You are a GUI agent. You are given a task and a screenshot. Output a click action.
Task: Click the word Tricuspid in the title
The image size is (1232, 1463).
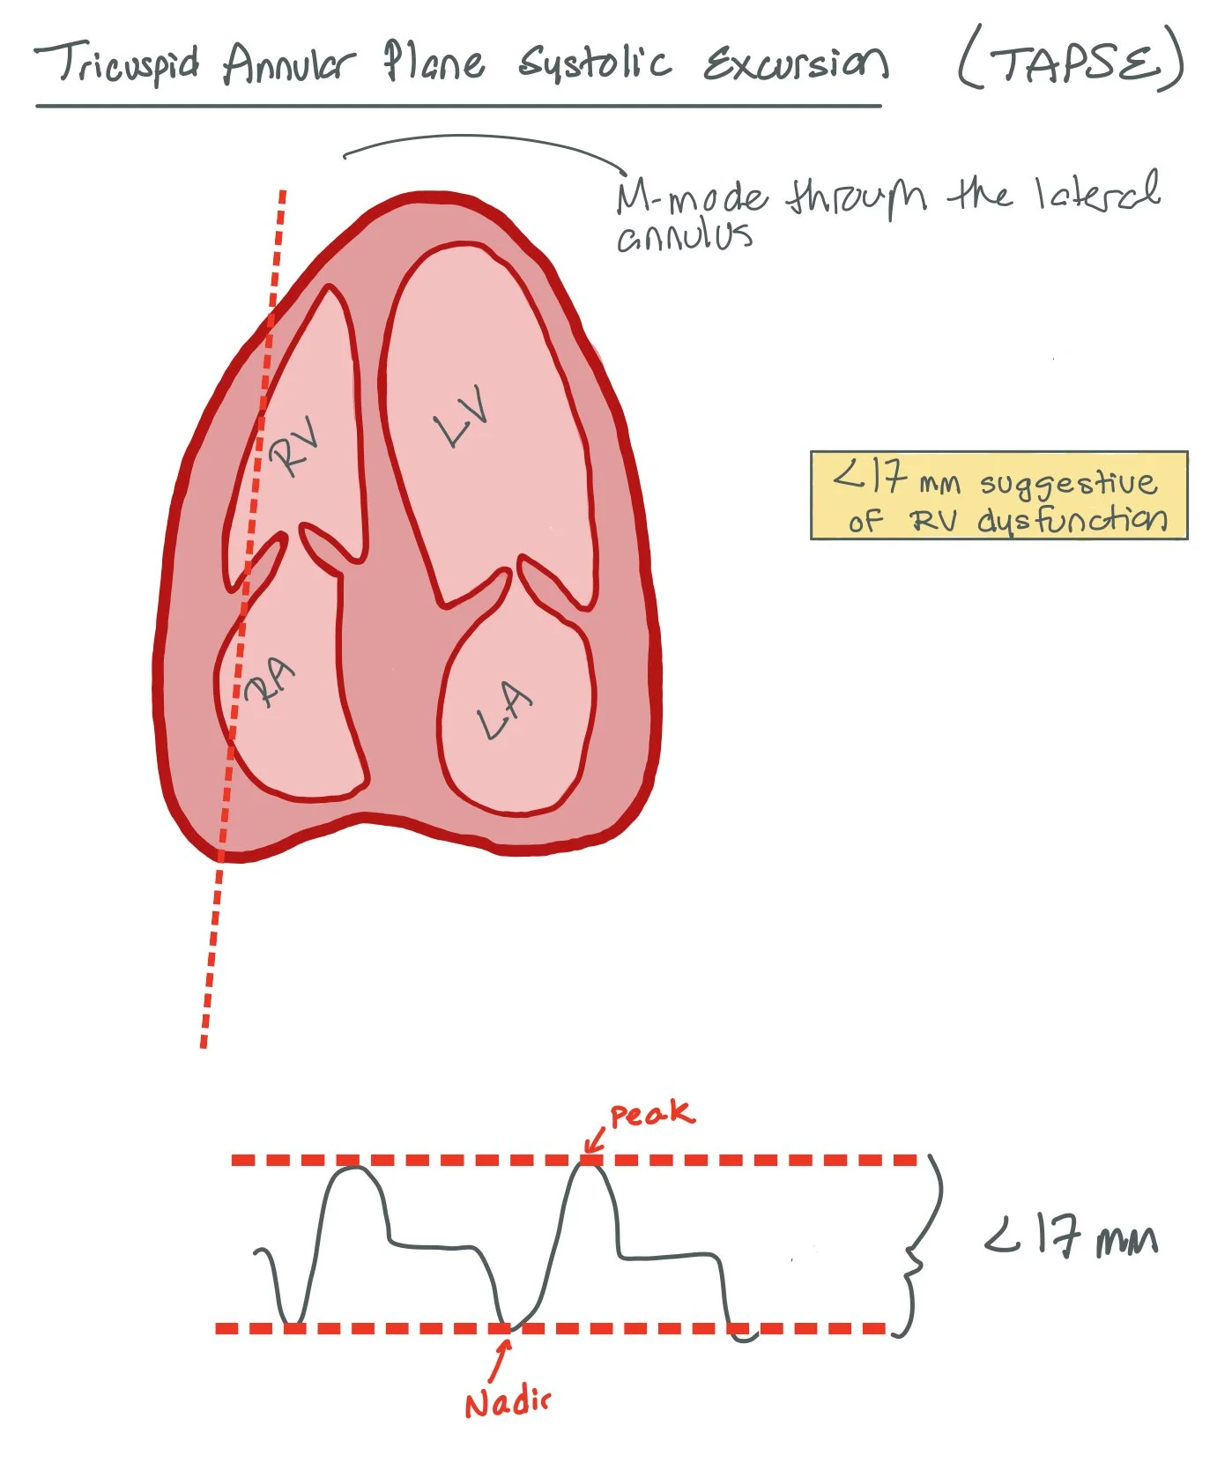click(116, 63)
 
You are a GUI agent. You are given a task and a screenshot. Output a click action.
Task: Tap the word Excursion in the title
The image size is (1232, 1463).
click(795, 63)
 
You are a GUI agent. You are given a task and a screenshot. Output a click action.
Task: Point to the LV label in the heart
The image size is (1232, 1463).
click(462, 416)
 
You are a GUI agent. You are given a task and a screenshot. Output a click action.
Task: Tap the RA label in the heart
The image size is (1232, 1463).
click(270, 683)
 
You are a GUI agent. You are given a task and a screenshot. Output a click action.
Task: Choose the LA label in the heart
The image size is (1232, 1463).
click(505, 710)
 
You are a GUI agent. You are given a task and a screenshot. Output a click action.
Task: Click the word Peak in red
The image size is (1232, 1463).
click(651, 1114)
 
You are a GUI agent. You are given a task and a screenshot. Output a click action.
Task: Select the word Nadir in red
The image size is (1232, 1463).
click(507, 1402)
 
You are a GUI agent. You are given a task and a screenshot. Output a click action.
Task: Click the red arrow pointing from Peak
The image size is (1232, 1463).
click(595, 1142)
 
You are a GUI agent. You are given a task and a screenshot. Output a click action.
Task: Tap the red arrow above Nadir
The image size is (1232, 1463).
click(501, 1360)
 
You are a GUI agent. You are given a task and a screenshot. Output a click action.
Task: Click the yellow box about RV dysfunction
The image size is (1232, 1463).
click(998, 495)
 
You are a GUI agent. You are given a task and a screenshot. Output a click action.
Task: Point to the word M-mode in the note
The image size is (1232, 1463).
click(691, 197)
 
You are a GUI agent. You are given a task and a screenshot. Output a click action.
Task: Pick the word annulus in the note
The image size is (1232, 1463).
click(684, 236)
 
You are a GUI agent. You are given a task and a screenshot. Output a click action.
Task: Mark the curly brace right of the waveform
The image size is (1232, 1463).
click(921, 1247)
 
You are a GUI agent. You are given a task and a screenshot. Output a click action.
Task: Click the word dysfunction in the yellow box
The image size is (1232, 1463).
click(1072, 520)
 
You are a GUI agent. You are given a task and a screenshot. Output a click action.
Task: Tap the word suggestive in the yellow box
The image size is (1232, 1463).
click(1068, 483)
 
